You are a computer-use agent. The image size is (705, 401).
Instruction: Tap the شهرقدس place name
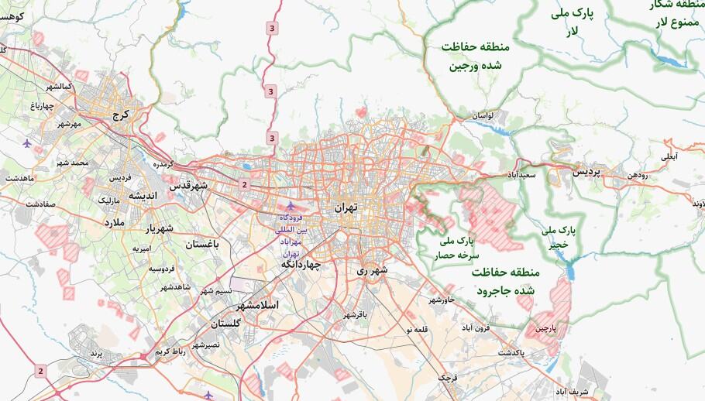[x=190, y=186]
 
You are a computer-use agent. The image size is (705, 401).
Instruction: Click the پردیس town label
[x=586, y=173]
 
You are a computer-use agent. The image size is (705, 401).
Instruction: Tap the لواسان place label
[x=479, y=115]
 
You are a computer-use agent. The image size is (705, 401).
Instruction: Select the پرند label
[x=95, y=352]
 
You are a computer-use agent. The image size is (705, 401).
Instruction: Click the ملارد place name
[x=119, y=221]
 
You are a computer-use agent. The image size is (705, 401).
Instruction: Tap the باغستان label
[x=202, y=244]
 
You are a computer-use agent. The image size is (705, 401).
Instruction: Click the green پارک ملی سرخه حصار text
[x=461, y=248]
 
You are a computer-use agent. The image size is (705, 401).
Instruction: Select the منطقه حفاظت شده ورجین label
[x=472, y=56]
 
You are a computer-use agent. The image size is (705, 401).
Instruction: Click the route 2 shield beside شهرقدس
[x=244, y=184]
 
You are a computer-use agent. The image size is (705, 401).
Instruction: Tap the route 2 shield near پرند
[x=40, y=372]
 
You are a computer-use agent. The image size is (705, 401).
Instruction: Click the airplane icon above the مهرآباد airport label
[x=291, y=206]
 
